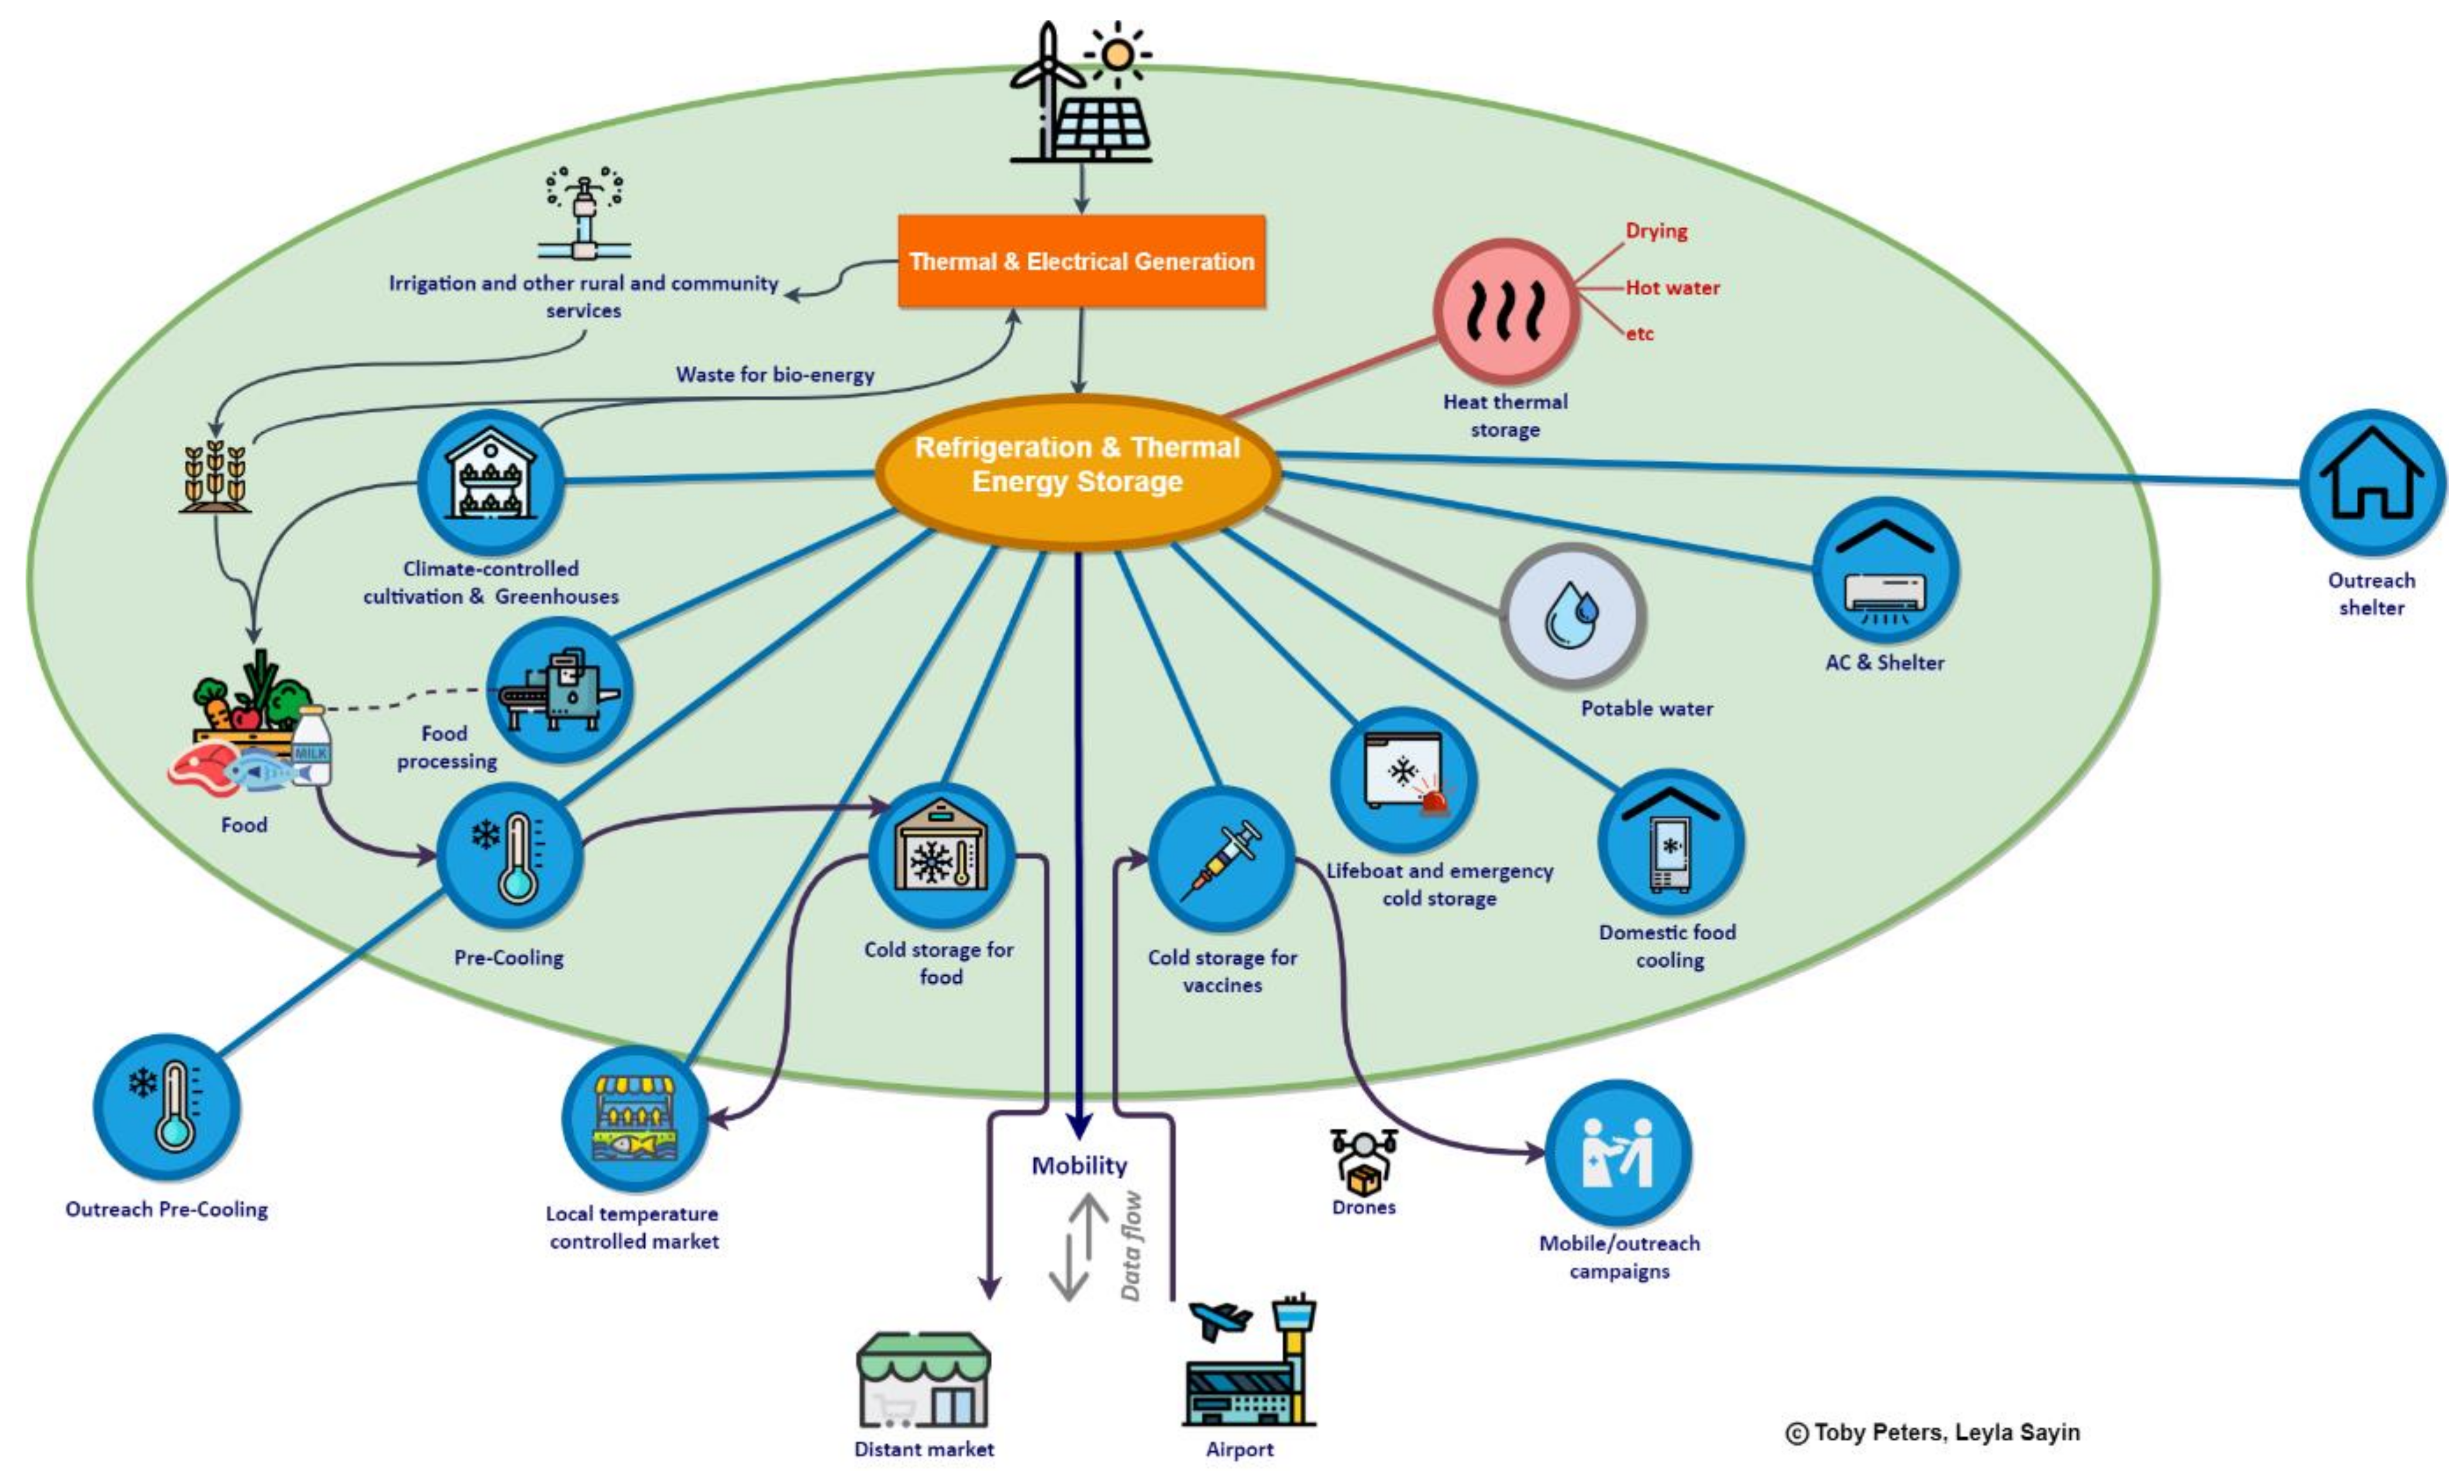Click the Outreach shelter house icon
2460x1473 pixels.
[x=2371, y=483]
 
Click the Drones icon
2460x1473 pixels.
[x=1364, y=1161]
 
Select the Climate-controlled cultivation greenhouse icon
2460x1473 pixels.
[x=490, y=483]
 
